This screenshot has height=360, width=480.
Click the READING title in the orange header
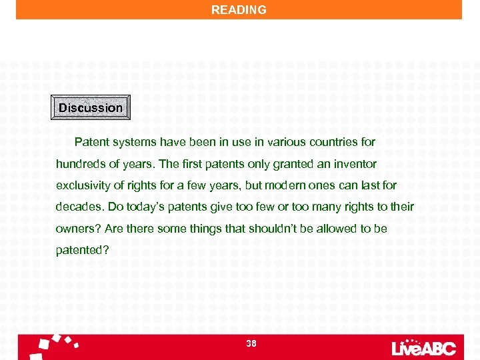(239, 10)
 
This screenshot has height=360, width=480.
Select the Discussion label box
(91, 107)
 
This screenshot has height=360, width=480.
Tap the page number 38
(251, 343)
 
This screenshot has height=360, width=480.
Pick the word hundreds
(79, 164)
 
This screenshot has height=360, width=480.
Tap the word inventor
(357, 164)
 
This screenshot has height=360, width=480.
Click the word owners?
(77, 229)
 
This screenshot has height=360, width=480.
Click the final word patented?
(82, 251)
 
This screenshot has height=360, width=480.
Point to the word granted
(282, 164)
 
